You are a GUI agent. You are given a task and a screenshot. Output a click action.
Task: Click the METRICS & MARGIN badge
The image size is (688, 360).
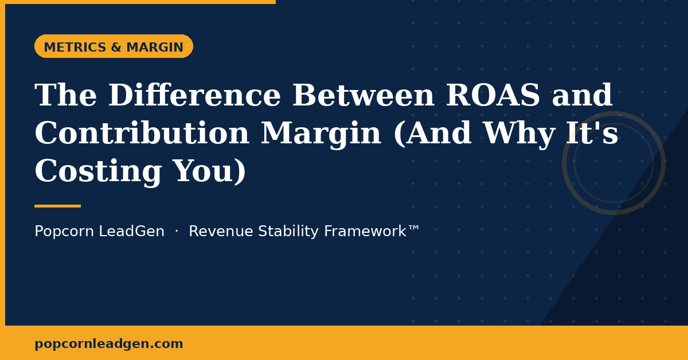114,47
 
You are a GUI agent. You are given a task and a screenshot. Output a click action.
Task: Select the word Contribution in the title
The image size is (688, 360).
142,134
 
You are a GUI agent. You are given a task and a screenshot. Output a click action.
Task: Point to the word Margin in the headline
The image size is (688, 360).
320,134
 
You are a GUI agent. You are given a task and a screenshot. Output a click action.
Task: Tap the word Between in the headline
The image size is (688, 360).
363,96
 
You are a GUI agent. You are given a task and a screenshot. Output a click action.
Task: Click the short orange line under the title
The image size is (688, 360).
57,206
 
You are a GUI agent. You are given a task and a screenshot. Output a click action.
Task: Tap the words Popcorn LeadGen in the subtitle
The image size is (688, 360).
99,232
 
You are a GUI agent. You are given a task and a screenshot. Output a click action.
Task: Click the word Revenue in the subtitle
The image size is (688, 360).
221,232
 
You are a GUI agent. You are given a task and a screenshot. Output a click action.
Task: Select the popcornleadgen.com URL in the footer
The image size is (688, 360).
108,344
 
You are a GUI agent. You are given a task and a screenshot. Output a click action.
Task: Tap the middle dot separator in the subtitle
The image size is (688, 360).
177,232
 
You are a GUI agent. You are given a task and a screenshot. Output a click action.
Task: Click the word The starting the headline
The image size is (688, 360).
66,96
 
